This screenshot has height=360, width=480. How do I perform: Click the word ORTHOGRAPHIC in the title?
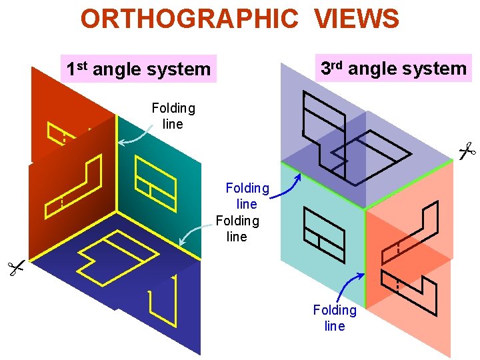189,19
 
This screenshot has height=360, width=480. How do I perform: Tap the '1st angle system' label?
138,69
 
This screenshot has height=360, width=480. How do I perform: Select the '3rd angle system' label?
393,68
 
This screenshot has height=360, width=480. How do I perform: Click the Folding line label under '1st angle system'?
173,116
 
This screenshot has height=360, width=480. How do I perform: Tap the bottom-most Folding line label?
335,318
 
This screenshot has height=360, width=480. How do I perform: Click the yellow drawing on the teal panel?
155,180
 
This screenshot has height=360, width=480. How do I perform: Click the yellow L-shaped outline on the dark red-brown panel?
73,187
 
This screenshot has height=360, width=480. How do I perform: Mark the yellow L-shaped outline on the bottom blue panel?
164,299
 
